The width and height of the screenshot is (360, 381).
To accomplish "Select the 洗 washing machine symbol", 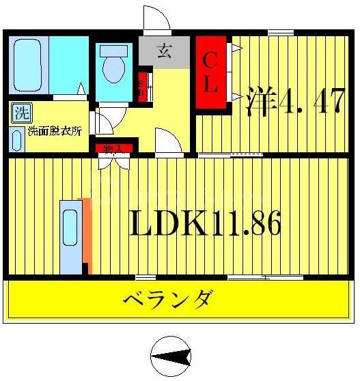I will click(x=20, y=111).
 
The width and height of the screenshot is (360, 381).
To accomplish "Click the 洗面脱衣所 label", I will click(x=54, y=132).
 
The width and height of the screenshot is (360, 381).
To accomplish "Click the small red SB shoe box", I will click(x=143, y=87).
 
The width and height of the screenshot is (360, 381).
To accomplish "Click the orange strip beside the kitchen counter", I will click(x=85, y=232).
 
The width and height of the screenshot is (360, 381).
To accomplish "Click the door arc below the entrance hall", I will click(x=167, y=143).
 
